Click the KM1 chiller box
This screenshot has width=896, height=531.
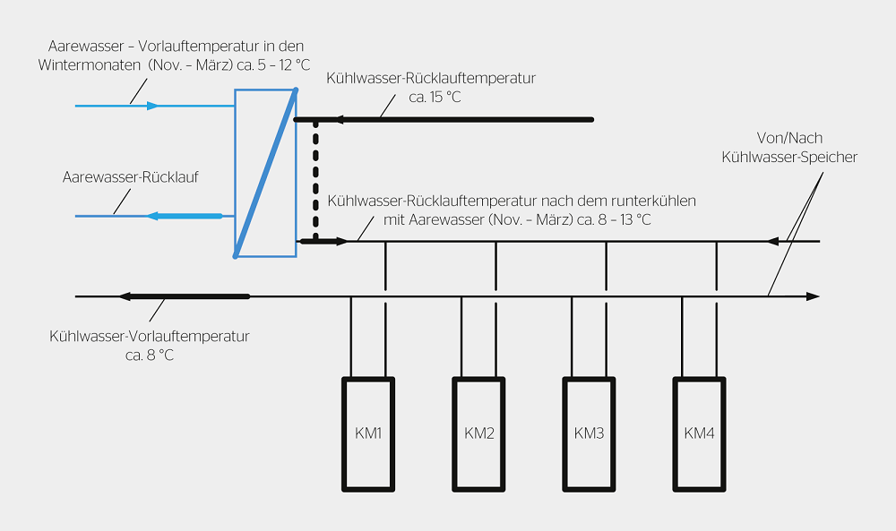[x=368, y=433]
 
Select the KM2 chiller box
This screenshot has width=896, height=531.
[x=479, y=433]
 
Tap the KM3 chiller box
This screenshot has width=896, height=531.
[x=590, y=433]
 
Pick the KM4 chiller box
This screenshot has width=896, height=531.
[x=700, y=433]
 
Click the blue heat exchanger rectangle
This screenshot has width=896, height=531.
[x=265, y=173]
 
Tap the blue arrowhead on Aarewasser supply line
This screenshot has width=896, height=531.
[x=153, y=106]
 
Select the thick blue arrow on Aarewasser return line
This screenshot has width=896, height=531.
[x=184, y=216]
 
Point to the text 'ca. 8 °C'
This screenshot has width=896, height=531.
[x=150, y=355]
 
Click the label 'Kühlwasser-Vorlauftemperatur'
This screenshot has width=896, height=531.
[x=150, y=337]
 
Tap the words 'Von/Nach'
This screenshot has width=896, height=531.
[x=789, y=139]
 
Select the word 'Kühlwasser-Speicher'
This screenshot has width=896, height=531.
[x=789, y=157]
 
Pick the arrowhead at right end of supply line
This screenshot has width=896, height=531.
[x=814, y=296]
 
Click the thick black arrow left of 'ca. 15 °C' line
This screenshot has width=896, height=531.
[x=305, y=119]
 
